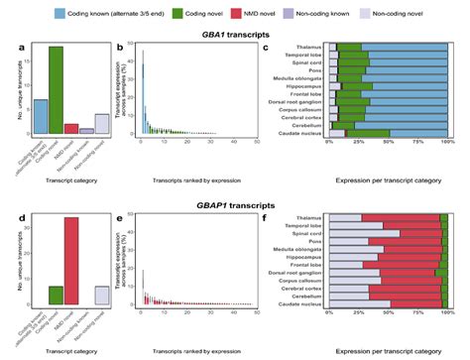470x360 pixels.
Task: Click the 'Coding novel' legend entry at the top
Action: click(198, 15)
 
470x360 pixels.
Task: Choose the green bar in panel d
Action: click(56, 294)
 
